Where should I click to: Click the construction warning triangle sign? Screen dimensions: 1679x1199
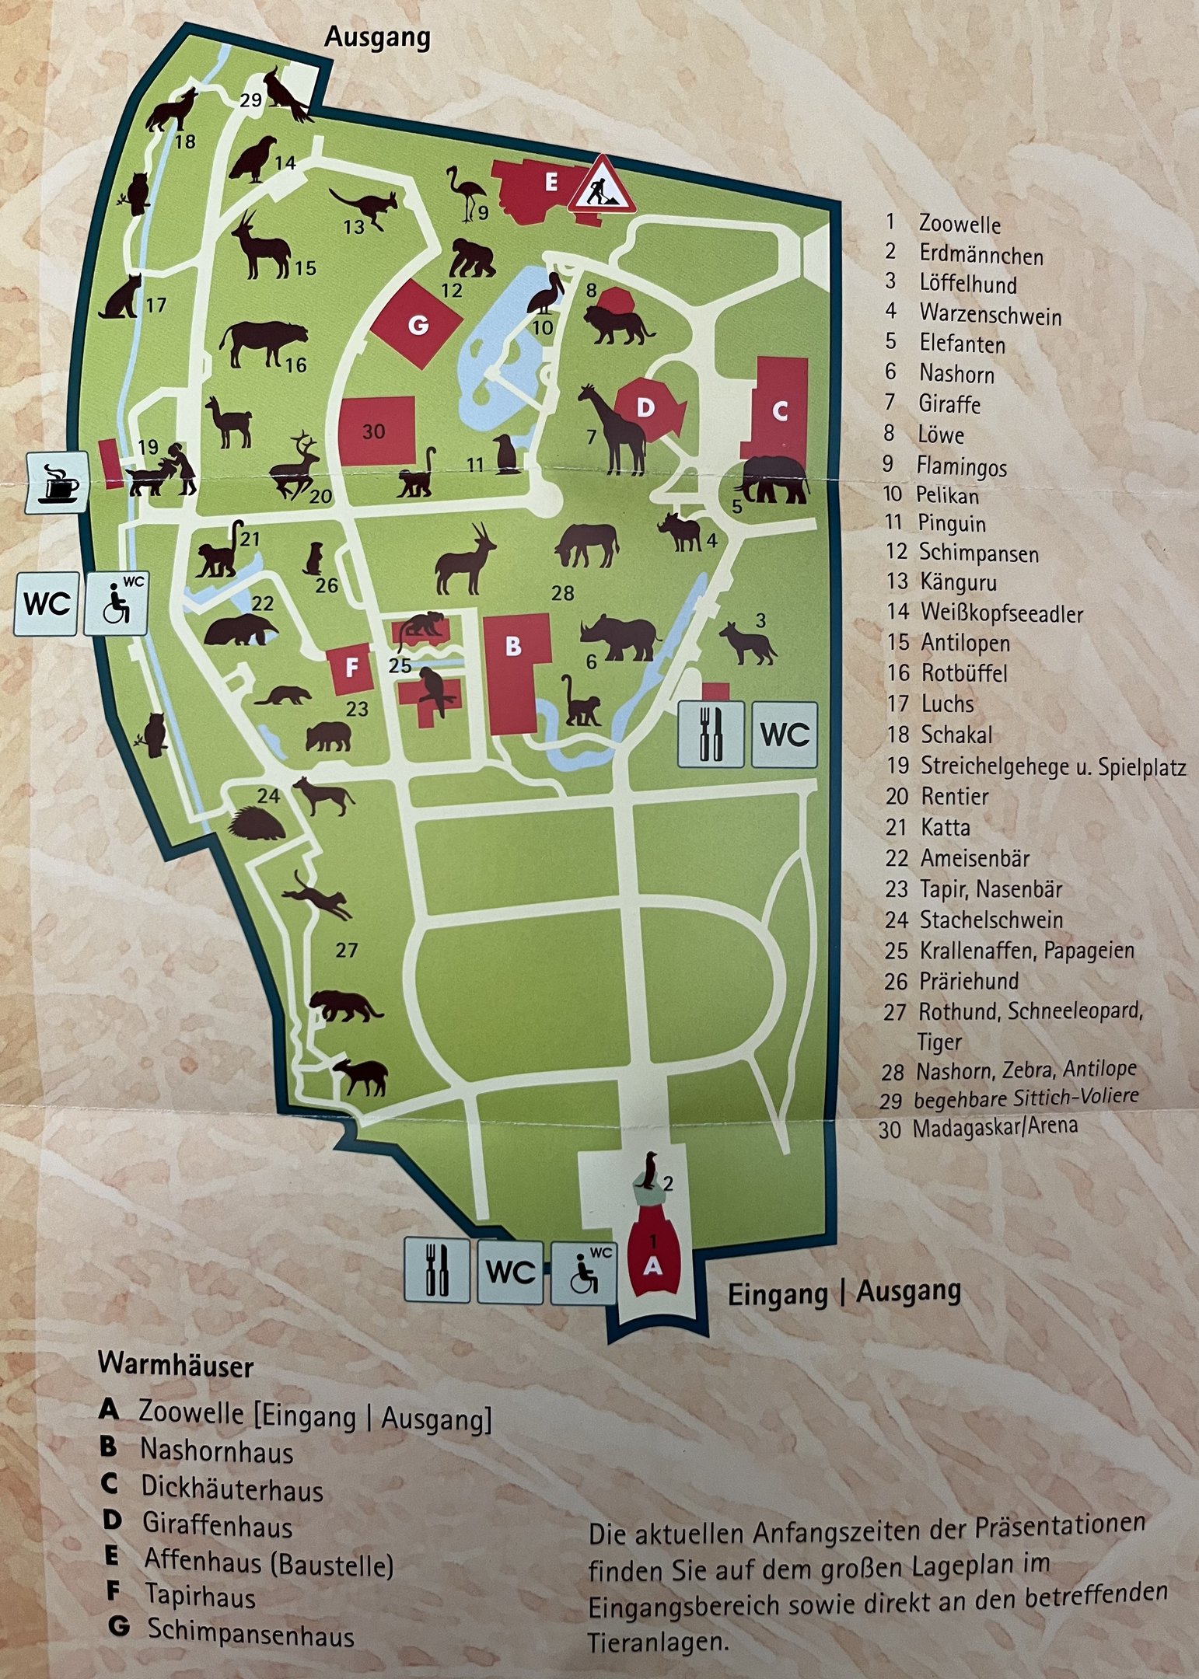coord(601,187)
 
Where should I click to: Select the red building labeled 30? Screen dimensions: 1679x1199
coord(376,430)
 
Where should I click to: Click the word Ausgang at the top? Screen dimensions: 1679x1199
coord(377,37)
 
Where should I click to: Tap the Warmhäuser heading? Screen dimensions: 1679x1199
coord(176,1365)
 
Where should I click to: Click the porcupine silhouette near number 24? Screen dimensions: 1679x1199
coord(256,825)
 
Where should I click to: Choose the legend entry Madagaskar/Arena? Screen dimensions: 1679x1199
coord(995,1126)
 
